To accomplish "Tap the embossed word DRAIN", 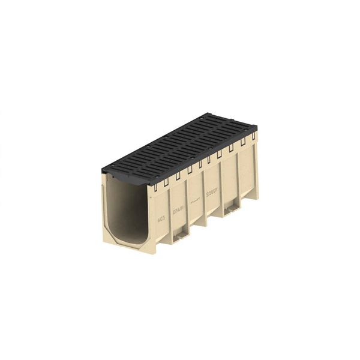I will tap(178, 211).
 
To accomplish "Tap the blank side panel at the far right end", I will tap(247, 174).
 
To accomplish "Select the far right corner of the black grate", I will tap(256, 128).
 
